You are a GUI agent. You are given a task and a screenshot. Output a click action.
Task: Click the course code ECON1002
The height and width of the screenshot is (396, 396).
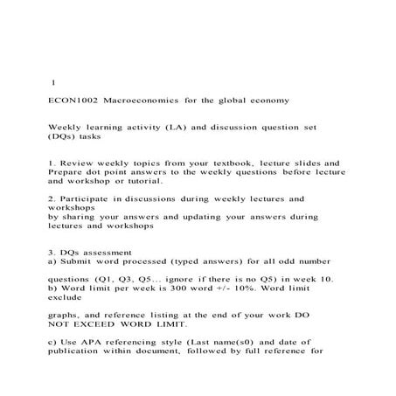(73, 101)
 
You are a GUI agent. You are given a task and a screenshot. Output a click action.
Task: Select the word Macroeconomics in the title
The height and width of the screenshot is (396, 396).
(142, 101)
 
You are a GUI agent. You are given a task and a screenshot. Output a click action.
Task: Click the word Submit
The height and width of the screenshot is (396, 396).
(80, 261)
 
